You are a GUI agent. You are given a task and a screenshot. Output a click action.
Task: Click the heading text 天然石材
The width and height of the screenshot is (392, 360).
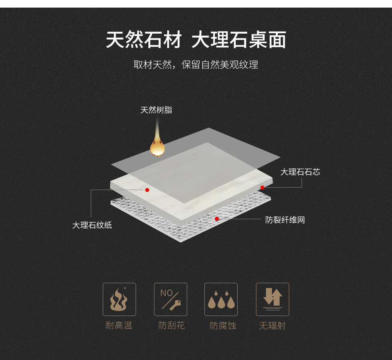[144, 40]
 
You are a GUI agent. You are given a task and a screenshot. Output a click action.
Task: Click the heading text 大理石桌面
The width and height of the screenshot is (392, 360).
[239, 40]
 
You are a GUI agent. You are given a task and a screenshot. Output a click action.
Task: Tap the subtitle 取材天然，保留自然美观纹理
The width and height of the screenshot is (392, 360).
[196, 64]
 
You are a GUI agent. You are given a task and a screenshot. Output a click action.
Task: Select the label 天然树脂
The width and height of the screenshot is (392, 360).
[156, 110]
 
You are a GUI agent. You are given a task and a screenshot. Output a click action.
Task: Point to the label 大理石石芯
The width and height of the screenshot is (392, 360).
[300, 172]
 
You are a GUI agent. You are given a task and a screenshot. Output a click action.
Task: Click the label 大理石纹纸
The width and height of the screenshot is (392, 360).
[92, 225]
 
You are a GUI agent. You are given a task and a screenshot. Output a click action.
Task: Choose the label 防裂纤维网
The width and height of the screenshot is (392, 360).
[285, 220]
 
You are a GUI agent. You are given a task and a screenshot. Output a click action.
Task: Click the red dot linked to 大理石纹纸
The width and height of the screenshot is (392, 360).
[147, 190]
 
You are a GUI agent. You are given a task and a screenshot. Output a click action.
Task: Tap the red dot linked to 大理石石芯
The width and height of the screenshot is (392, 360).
[262, 188]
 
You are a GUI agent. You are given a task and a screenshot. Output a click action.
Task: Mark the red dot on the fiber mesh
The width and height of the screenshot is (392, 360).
[217, 219]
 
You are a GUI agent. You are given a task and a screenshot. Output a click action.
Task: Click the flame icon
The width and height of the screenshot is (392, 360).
[119, 300]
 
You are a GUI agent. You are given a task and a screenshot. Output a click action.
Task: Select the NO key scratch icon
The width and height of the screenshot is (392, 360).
[170, 300]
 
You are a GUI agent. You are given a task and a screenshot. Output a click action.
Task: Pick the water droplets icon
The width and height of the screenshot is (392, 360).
[221, 300]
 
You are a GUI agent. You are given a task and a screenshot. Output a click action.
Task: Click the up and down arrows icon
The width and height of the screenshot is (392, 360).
[272, 300]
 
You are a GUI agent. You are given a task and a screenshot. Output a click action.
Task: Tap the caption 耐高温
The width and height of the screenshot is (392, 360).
[119, 326]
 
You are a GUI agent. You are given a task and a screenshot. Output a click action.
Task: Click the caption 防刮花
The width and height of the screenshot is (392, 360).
[172, 326]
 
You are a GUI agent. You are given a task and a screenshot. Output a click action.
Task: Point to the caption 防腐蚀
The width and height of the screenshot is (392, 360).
[223, 326]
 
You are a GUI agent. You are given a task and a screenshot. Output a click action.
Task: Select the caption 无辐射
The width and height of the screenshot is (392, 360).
[272, 326]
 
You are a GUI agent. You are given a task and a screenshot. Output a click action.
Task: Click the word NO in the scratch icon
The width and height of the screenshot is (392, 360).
[166, 293]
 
